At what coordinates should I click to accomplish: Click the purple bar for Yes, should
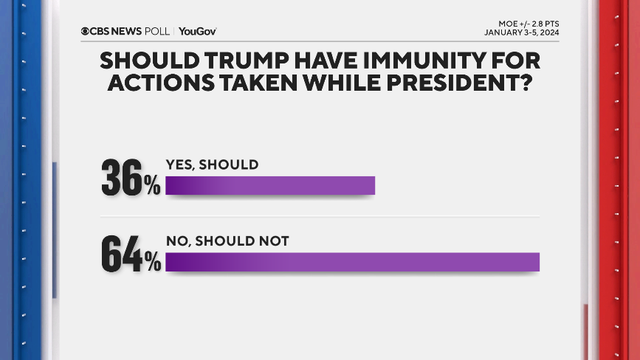[269, 186]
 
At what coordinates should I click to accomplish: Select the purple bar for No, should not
[352, 262]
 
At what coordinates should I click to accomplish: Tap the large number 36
[121, 177]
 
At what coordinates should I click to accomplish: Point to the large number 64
[121, 253]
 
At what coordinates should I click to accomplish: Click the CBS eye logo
[89, 31]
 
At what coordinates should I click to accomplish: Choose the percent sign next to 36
[151, 187]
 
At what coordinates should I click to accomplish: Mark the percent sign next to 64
[151, 262]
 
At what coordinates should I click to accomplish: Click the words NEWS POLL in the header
[135, 31]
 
